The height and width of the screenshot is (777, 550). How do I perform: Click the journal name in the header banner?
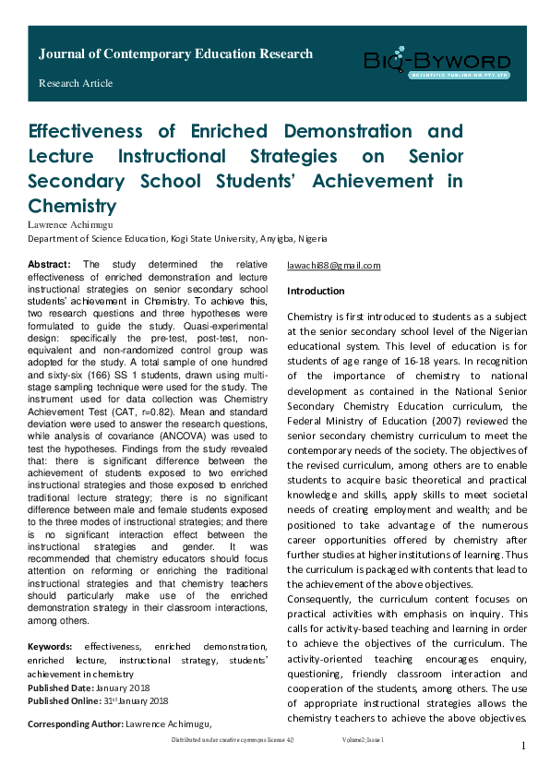coord(175,54)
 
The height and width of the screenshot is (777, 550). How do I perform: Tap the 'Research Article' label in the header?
coord(76,83)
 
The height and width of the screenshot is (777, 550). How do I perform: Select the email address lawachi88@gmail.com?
coord(334,266)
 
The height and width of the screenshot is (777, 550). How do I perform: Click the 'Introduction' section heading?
coord(316,292)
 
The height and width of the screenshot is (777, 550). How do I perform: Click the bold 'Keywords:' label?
coord(52,645)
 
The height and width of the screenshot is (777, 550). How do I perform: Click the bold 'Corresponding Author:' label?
coord(75,723)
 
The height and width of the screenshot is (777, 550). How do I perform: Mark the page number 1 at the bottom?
coord(523,746)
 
